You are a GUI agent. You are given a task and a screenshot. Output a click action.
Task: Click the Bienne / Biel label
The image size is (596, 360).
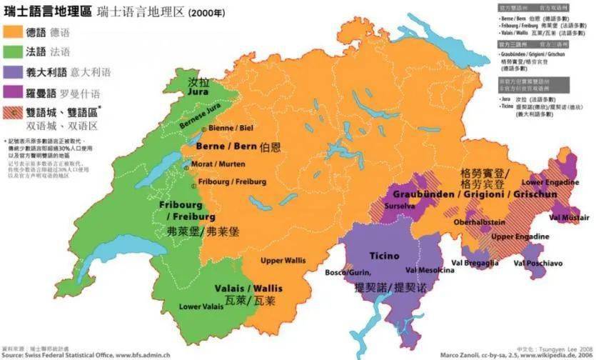[x=231, y=128]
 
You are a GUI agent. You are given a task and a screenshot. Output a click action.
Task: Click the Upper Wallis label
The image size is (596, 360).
[x=283, y=260]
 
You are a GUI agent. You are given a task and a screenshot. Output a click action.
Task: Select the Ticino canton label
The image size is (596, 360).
[x=384, y=256]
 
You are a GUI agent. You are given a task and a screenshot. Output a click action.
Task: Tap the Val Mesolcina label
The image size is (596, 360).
[x=429, y=270]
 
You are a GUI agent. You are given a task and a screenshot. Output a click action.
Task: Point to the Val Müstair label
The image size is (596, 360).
[x=569, y=216]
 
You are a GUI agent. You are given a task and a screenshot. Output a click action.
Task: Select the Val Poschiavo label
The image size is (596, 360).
[x=538, y=264]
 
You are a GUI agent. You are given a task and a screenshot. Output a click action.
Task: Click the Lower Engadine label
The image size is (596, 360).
[x=549, y=182]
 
